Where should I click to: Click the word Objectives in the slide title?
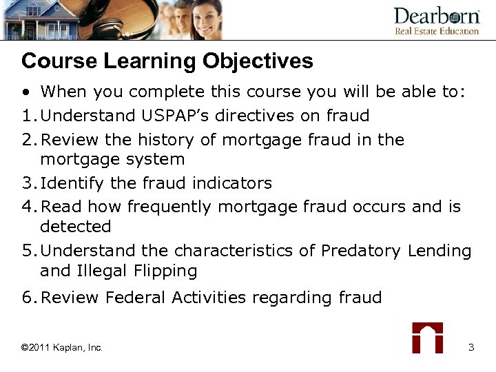pyautogui.click(x=258, y=62)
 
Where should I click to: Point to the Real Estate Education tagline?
pyautogui.click(x=436, y=31)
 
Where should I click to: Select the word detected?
pyautogui.click(x=75, y=227)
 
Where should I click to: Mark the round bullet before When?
pyautogui.click(x=25, y=93)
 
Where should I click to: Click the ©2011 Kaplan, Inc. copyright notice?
pyautogui.click(x=62, y=348)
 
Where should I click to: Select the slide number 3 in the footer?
pyautogui.click(x=471, y=347)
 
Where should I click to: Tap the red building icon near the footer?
pyautogui.click(x=427, y=337)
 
